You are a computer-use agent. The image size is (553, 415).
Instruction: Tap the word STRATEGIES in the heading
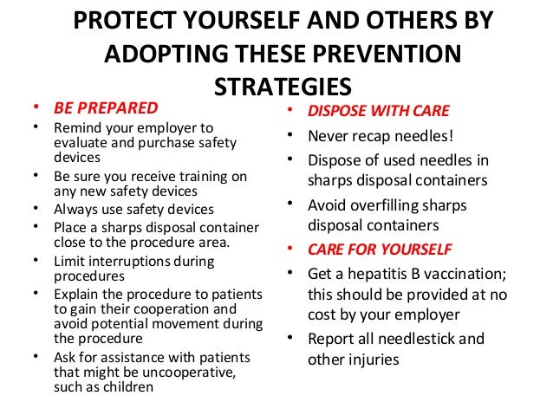click(282, 87)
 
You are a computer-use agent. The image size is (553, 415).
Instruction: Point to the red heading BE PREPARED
click(106, 108)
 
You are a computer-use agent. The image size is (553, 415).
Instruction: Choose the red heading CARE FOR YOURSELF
click(380, 250)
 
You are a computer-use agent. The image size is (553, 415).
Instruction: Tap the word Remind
click(77, 128)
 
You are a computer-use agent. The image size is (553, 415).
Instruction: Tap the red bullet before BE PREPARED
click(35, 109)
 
